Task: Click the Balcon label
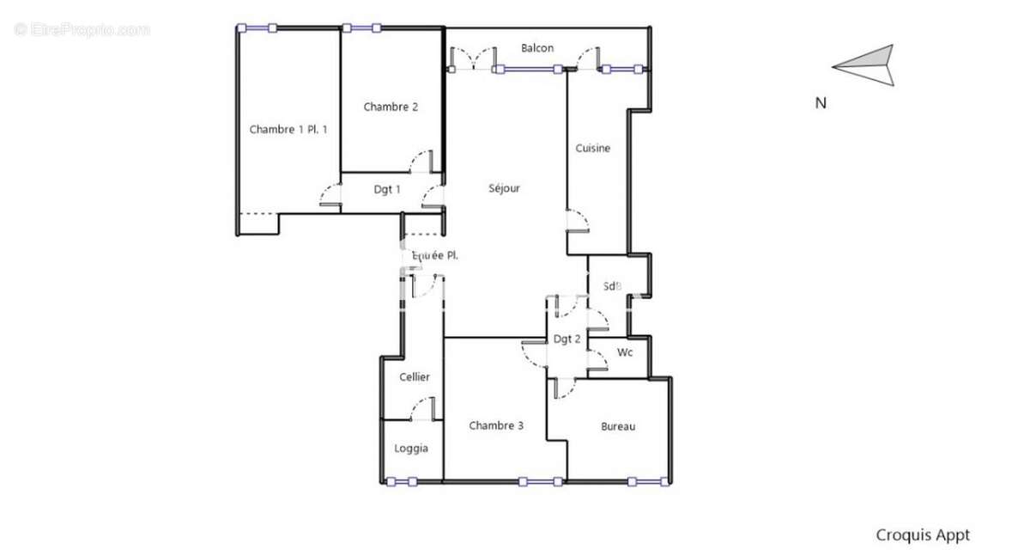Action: coord(537,48)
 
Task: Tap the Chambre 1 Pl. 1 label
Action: coord(288,129)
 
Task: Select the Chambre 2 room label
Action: coord(391,107)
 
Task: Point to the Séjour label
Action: coord(504,188)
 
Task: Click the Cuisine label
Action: coord(593,148)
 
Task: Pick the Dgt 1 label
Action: coord(387,189)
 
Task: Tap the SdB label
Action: coord(612,287)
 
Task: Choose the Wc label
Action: coord(626,351)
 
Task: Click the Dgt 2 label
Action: coord(566,339)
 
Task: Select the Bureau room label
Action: coord(618,426)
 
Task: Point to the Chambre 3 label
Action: coord(496,425)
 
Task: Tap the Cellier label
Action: coord(415,377)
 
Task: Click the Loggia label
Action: coord(411,448)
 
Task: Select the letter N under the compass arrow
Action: coord(821,103)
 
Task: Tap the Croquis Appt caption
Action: coord(923,535)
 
